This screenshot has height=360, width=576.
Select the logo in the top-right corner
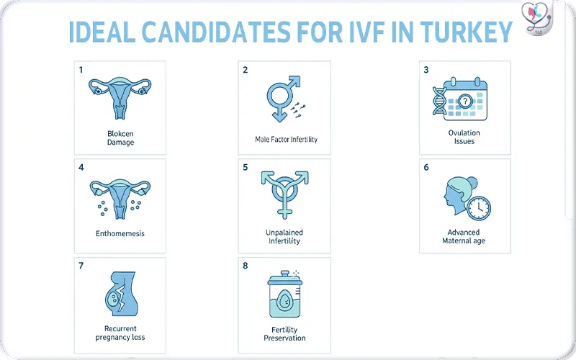[542, 19]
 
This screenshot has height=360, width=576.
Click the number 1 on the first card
[81, 70]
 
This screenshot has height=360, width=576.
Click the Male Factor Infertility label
[286, 139]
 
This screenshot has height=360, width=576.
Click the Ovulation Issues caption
[464, 137]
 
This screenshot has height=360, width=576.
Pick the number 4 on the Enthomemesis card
[81, 167]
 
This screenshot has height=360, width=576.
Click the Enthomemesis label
[120, 234]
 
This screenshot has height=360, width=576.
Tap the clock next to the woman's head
[478, 208]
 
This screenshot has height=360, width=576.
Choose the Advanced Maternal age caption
[464, 237]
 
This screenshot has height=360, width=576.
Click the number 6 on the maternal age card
[426, 167]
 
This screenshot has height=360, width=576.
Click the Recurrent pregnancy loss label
[120, 333]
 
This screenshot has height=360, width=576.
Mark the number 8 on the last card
[245, 266]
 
